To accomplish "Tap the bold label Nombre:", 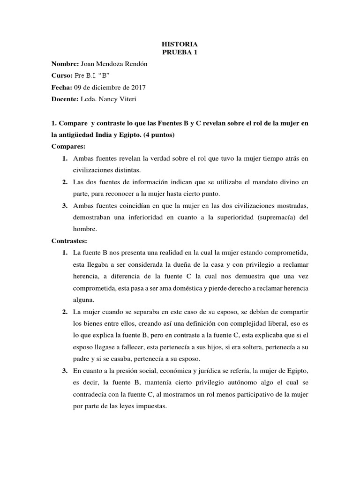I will (x=65, y=64).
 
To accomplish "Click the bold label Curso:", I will (x=62, y=75).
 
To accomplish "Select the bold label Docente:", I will (x=66, y=98).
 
